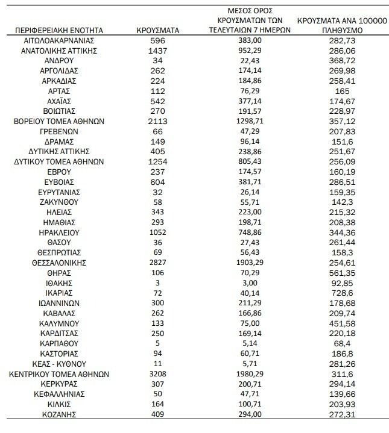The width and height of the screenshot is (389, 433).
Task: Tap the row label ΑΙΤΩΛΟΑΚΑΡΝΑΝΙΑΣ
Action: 59,40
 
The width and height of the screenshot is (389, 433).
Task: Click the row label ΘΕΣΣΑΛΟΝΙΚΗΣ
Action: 59,263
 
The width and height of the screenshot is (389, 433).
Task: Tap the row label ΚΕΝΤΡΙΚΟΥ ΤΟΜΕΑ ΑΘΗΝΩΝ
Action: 59,374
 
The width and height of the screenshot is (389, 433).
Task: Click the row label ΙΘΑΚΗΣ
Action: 59,283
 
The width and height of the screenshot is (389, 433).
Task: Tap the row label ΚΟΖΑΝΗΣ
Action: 59,414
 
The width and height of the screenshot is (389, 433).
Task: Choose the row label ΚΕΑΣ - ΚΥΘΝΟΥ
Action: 59,364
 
